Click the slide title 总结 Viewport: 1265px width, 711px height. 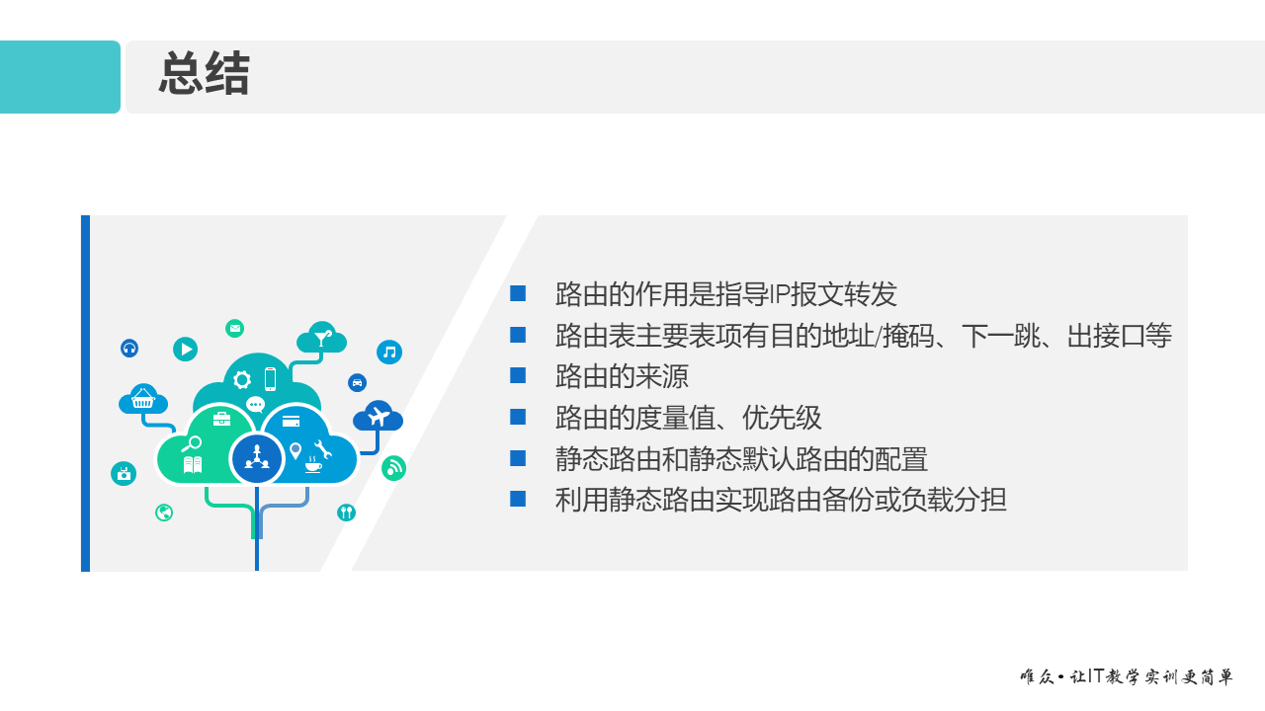[x=204, y=75]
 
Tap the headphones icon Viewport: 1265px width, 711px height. [x=129, y=348]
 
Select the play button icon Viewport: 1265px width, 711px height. [x=185, y=349]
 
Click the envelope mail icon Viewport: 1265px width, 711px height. [x=234, y=328]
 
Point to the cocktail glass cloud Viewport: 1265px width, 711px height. [x=322, y=338]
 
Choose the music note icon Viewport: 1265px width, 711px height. [x=389, y=352]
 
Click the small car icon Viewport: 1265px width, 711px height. [x=357, y=382]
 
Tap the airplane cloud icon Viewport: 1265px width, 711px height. [x=378, y=417]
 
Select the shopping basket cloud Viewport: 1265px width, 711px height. [x=143, y=400]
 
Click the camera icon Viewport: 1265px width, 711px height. [x=124, y=474]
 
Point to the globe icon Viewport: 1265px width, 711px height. [x=164, y=513]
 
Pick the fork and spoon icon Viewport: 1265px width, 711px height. [x=346, y=512]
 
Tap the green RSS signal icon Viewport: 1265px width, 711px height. [x=393, y=468]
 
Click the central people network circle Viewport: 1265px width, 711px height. [x=257, y=457]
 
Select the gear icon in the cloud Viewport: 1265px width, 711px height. [x=242, y=379]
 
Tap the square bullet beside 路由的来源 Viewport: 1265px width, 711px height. [x=518, y=375]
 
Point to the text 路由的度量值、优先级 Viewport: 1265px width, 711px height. [x=688, y=418]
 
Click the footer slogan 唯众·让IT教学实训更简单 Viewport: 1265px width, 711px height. [x=1127, y=677]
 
